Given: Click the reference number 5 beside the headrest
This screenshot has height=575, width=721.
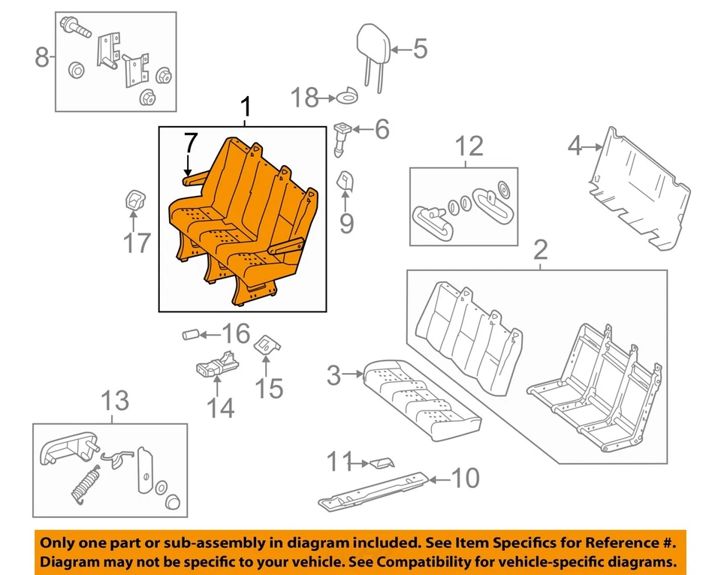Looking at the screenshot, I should click(419, 50).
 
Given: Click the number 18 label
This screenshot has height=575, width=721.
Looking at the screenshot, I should click(304, 97).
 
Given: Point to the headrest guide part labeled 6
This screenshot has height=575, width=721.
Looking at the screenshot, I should click(341, 139).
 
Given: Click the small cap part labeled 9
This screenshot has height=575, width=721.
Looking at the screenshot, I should click(345, 180).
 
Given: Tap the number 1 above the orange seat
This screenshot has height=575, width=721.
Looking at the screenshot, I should click(244, 109).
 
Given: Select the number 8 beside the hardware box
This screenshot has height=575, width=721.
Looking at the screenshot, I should click(43, 56).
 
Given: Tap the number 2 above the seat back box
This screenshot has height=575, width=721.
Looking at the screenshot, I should click(539, 251).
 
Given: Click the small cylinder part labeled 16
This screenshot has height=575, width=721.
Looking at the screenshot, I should click(192, 333).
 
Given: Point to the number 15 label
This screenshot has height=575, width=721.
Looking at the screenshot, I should click(269, 388).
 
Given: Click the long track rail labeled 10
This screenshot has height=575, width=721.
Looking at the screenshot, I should click(376, 488).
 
